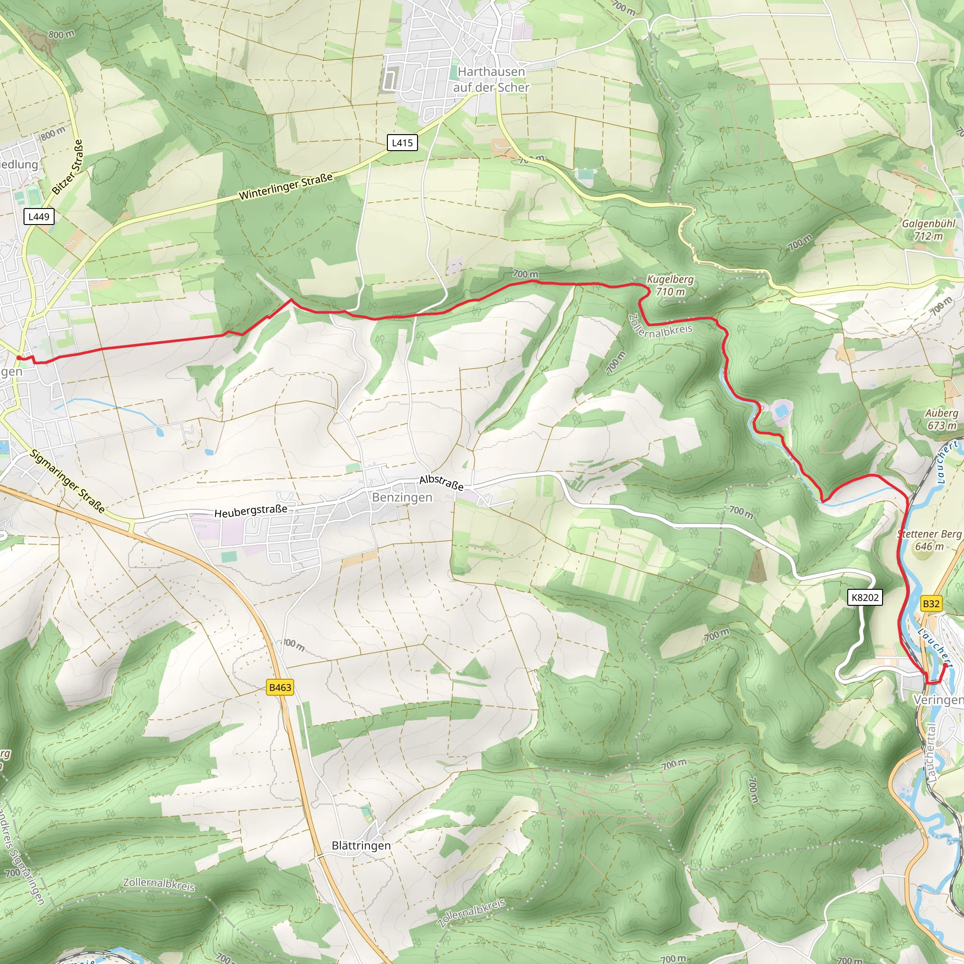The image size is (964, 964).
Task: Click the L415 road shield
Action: (402, 143)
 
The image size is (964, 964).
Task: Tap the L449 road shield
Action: (39, 217)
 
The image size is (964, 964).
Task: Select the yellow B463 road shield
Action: (280, 687)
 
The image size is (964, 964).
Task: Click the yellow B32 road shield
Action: (931, 604)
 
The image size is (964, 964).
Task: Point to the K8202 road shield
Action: (865, 597)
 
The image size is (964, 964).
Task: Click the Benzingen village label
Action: (402, 498)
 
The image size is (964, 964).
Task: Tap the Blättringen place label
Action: (361, 845)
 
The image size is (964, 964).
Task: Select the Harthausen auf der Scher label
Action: (491, 80)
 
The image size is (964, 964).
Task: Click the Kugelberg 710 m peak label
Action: (670, 285)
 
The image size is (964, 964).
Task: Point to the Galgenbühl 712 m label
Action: (928, 230)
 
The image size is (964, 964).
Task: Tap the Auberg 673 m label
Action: (941, 419)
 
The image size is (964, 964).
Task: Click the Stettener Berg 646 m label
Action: (929, 540)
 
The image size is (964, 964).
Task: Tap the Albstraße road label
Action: (441, 482)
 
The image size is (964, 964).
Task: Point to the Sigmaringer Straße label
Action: (67, 482)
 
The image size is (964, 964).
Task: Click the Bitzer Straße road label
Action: (67, 167)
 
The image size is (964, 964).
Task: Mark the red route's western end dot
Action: (18, 358)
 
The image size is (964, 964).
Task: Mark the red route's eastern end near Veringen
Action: (945, 665)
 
